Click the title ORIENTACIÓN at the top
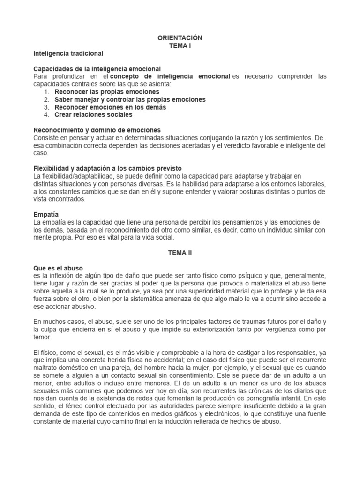point(180,38)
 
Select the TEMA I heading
point(180,46)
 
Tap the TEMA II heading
point(180,252)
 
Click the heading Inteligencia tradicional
point(68,53)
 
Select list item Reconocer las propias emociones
point(107,92)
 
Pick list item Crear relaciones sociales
point(93,114)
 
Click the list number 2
point(46,99)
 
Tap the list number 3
point(46,107)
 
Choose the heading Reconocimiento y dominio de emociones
point(97,130)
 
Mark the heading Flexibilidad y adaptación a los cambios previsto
point(108,168)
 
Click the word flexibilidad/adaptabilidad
point(77,175)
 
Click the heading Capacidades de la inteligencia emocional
point(97,69)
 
